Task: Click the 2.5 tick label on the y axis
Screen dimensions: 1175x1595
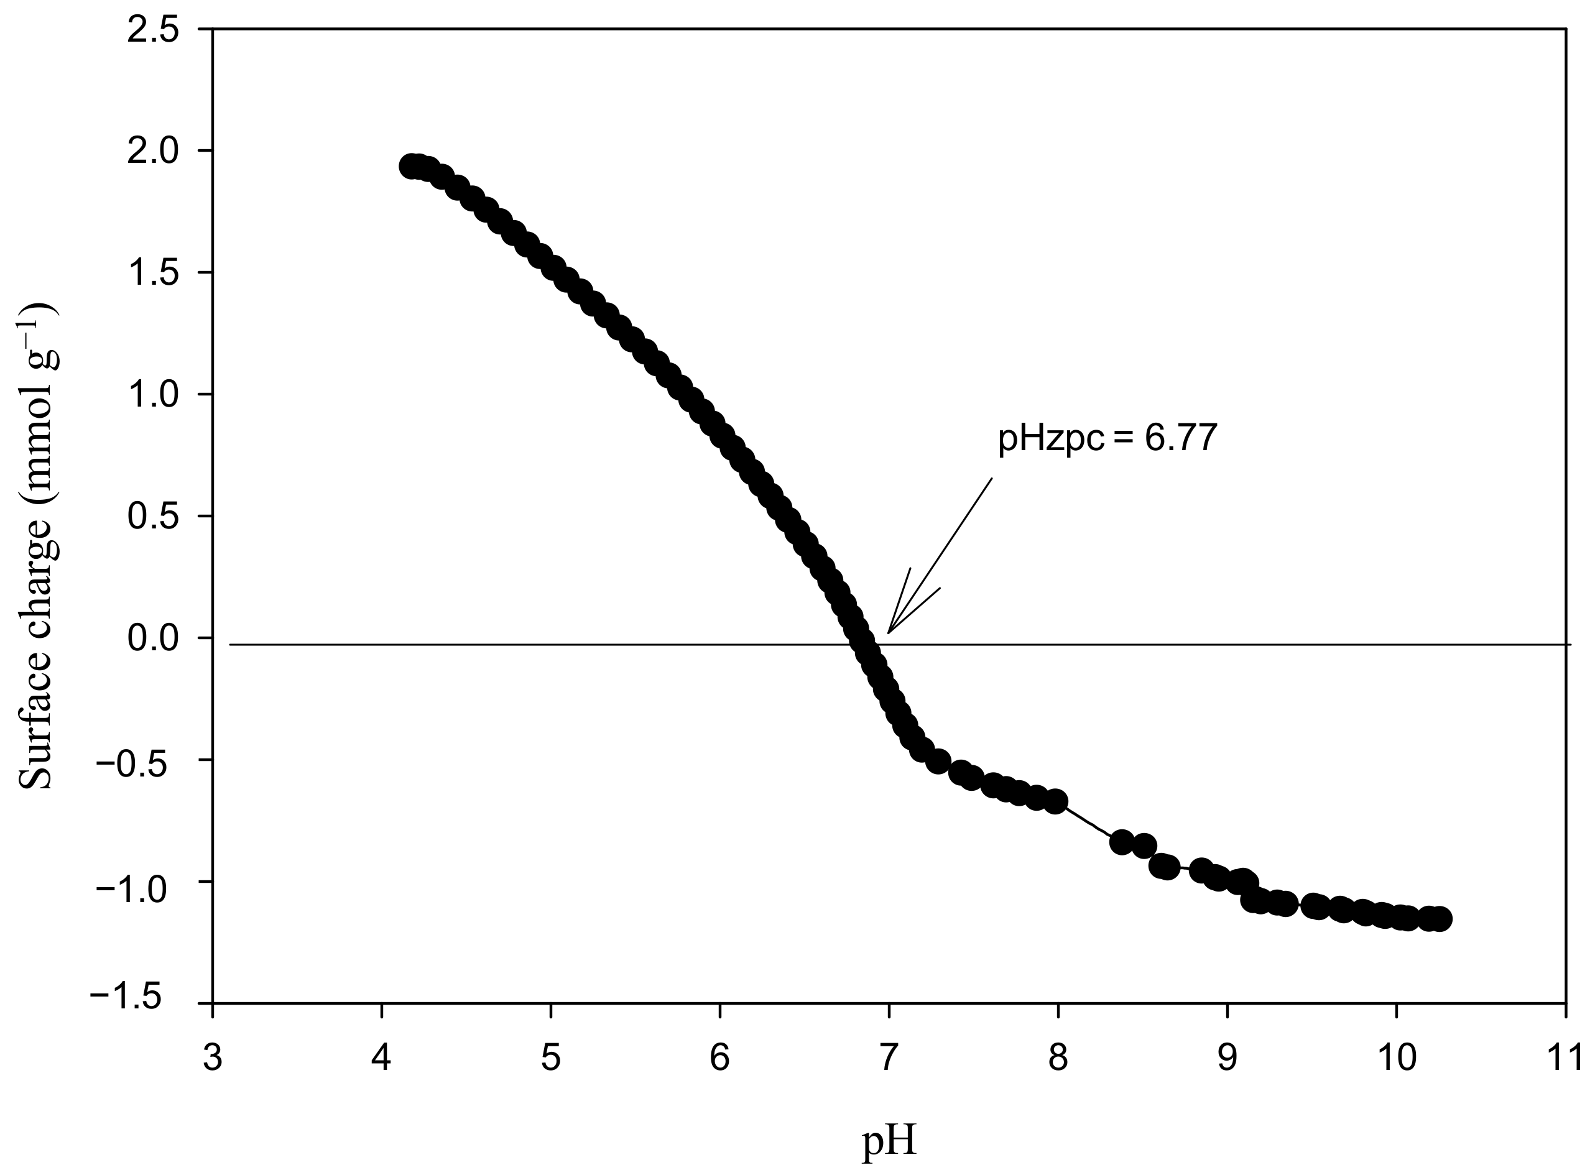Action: (152, 32)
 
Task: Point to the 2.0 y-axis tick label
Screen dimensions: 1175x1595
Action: (152, 153)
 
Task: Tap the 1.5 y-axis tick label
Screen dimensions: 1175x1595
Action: (152, 275)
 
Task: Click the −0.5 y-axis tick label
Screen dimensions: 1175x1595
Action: (139, 762)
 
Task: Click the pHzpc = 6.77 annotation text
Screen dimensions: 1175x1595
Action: (1107, 439)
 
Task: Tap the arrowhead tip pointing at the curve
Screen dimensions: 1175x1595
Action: (888, 632)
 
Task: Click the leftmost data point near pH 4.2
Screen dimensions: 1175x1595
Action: (410, 166)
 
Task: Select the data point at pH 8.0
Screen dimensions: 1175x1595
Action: (1056, 801)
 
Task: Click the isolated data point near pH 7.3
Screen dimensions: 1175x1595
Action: (938, 762)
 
